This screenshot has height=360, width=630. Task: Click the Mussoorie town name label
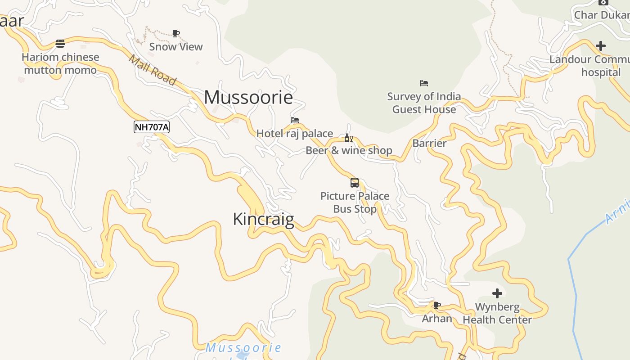coord(248,97)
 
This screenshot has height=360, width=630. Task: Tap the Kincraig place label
coord(263,219)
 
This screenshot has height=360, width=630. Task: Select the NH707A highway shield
coord(152,127)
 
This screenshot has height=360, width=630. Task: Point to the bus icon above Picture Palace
coord(355,183)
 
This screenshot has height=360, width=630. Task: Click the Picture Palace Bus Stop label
coord(355,202)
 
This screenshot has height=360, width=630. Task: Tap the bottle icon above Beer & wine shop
coord(348,138)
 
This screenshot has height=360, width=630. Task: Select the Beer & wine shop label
coord(349,150)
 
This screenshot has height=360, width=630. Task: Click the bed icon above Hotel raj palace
coord(295,120)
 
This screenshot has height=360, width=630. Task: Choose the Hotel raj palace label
coord(295,133)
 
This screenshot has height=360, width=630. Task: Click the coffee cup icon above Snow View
coord(176,33)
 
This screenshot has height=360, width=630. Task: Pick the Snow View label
coord(176,46)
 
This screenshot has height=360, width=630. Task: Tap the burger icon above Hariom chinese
coord(60,44)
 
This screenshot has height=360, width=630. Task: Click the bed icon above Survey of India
coord(424,83)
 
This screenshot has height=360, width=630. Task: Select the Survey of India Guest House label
coord(424,103)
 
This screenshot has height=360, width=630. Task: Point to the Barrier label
coord(429,144)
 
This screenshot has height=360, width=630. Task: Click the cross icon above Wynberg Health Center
coord(497,294)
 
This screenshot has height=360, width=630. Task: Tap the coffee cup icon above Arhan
coord(436,306)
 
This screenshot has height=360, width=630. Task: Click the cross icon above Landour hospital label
coord(601,46)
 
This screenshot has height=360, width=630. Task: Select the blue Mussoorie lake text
coord(243,348)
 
